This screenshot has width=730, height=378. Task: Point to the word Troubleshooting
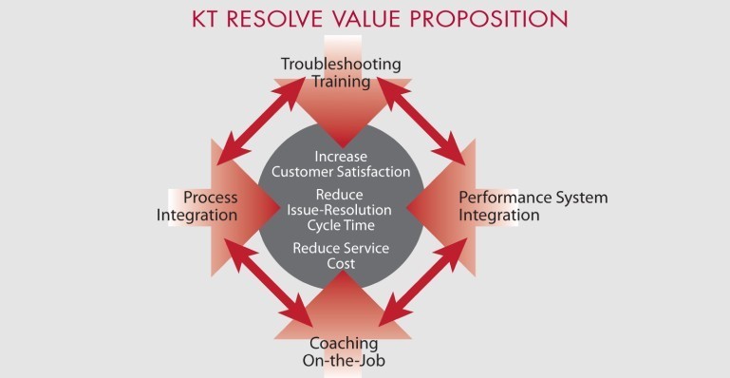click(341, 65)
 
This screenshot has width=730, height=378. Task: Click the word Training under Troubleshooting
click(341, 82)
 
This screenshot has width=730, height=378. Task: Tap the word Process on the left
click(211, 198)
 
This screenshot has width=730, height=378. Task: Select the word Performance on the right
click(501, 198)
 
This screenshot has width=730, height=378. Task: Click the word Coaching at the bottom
click(344, 343)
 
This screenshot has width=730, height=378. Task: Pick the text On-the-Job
click(344, 360)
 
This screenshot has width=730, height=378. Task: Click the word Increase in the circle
click(341, 156)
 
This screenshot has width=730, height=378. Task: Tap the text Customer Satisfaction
click(341, 172)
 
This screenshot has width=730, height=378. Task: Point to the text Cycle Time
click(341, 226)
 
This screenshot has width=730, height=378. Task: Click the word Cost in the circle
click(341, 263)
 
